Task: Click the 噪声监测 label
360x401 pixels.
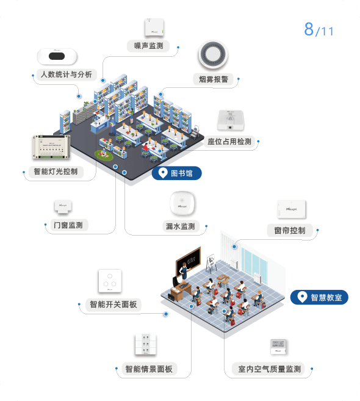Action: click(x=148, y=46)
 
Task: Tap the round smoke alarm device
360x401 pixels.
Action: click(x=213, y=54)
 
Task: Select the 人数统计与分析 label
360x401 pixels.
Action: click(x=67, y=74)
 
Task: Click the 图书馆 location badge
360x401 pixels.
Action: click(x=177, y=173)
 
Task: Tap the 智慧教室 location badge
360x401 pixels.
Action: click(x=319, y=297)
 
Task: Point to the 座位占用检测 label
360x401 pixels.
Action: click(x=229, y=142)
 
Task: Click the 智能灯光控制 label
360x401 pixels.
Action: click(x=56, y=172)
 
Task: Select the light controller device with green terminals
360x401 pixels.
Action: click(x=51, y=147)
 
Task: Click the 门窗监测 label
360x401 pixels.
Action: click(x=68, y=225)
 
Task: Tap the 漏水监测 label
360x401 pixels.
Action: click(x=181, y=226)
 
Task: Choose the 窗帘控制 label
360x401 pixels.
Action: click(x=290, y=231)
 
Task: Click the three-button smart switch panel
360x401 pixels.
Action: click(x=110, y=281)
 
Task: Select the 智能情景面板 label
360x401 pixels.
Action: click(x=149, y=369)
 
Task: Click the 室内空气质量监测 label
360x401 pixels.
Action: click(x=270, y=369)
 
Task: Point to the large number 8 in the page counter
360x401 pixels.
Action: click(x=309, y=29)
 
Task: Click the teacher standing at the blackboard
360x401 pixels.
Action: click(x=184, y=272)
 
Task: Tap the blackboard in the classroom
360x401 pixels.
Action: click(x=189, y=261)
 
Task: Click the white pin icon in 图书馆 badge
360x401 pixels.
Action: click(x=163, y=173)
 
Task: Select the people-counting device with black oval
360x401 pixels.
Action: click(x=57, y=56)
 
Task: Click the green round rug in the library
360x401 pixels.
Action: click(x=104, y=154)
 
